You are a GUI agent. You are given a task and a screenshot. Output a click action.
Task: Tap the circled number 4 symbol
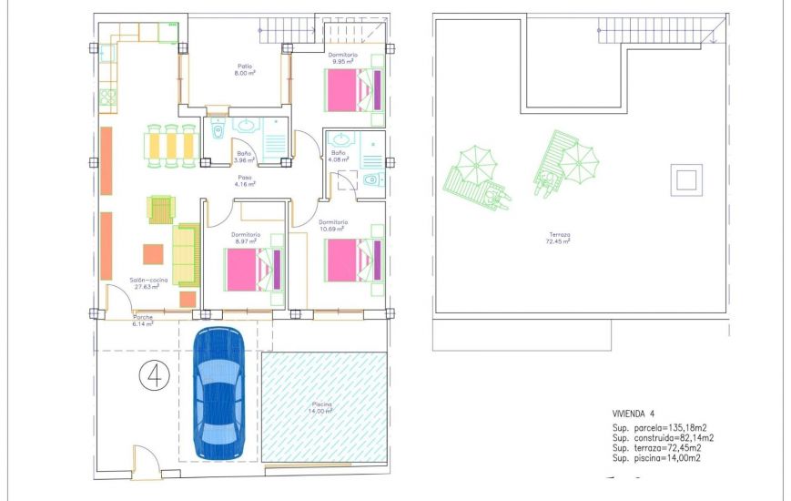pos(153,374)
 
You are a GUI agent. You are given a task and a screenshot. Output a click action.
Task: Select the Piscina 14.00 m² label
pos(320,406)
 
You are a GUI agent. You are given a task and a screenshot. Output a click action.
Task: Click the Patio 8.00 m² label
pos(244,69)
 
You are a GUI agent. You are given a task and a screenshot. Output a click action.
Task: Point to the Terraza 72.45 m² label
pos(558,238)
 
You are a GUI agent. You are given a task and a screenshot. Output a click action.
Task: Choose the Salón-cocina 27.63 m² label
pos(145,282)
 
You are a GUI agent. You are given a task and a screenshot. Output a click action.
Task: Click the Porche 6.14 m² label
pos(143,320)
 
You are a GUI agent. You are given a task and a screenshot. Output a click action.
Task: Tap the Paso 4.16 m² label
pos(244,180)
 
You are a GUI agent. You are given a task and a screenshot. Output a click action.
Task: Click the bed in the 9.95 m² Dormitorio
pos(351,91)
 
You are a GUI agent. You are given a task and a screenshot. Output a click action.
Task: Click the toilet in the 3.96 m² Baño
pos(217,132)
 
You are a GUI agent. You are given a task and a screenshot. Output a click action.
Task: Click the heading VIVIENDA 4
pos(634,413)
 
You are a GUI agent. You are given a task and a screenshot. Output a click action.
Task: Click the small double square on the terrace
pos(685,179)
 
